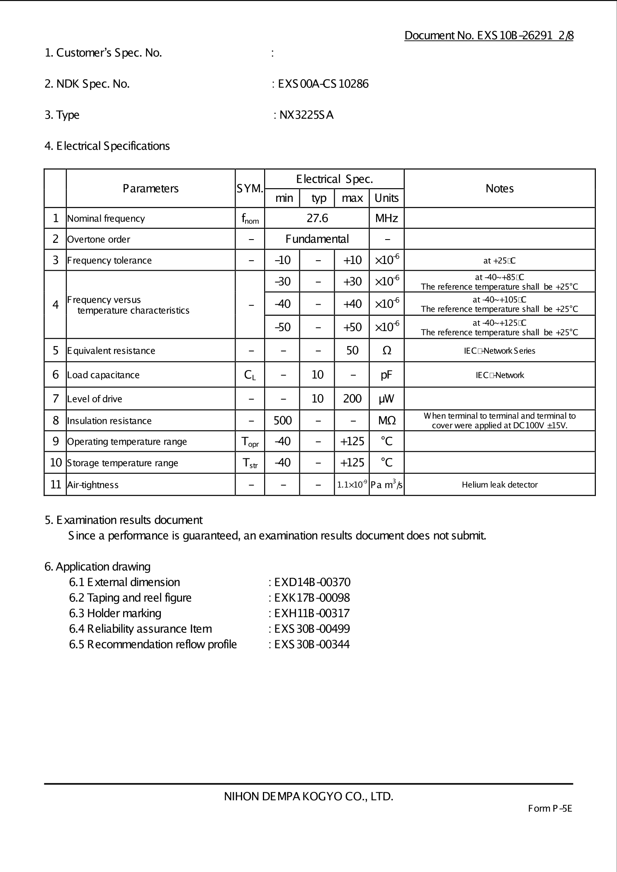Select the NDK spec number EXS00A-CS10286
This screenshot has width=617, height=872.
click(323, 84)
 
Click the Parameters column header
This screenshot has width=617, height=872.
click(151, 189)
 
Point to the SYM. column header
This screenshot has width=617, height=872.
click(250, 189)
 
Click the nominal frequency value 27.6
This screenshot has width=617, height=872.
click(317, 218)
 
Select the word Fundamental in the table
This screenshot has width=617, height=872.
click(317, 239)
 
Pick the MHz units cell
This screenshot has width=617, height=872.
click(386, 218)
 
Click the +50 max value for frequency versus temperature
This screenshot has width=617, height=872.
click(352, 327)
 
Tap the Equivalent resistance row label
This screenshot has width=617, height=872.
click(111, 351)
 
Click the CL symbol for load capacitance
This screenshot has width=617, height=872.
click(250, 375)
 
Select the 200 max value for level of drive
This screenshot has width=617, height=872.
click(352, 399)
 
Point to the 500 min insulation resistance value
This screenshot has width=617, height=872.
click(282, 421)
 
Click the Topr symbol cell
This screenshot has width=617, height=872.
click(250, 442)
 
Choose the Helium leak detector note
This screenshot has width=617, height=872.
click(500, 484)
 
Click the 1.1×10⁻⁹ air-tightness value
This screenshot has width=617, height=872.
click(352, 484)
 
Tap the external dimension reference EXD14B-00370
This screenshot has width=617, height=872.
click(312, 582)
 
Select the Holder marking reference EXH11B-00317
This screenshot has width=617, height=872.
click(312, 613)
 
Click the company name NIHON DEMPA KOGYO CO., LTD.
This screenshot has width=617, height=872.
click(308, 797)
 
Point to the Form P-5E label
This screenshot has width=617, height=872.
click(550, 809)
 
